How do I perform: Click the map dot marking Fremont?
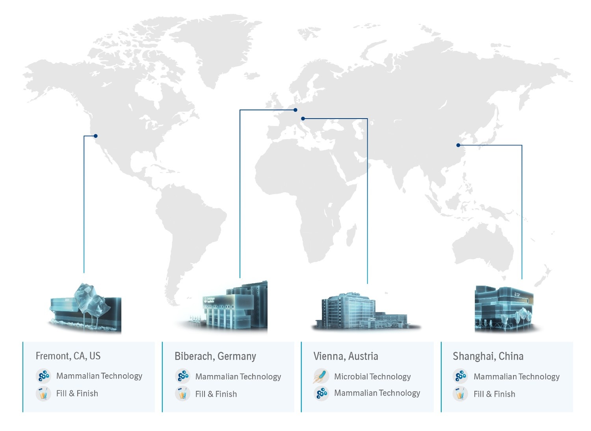click(95, 136)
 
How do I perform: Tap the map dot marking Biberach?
click(295, 110)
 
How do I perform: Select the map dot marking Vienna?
click(303, 119)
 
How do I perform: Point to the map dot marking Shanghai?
click(458, 145)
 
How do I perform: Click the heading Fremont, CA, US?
click(68, 356)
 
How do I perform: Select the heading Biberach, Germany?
click(215, 357)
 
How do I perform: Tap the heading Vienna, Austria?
click(346, 357)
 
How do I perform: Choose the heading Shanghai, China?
click(488, 357)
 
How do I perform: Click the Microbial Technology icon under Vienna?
click(321, 376)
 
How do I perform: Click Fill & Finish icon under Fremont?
click(43, 393)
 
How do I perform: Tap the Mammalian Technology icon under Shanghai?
click(460, 376)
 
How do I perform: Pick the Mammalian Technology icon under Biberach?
click(182, 376)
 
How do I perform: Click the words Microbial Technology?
click(372, 377)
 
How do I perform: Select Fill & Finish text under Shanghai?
click(494, 394)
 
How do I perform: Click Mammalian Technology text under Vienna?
click(377, 393)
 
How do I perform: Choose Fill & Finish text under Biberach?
click(216, 394)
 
